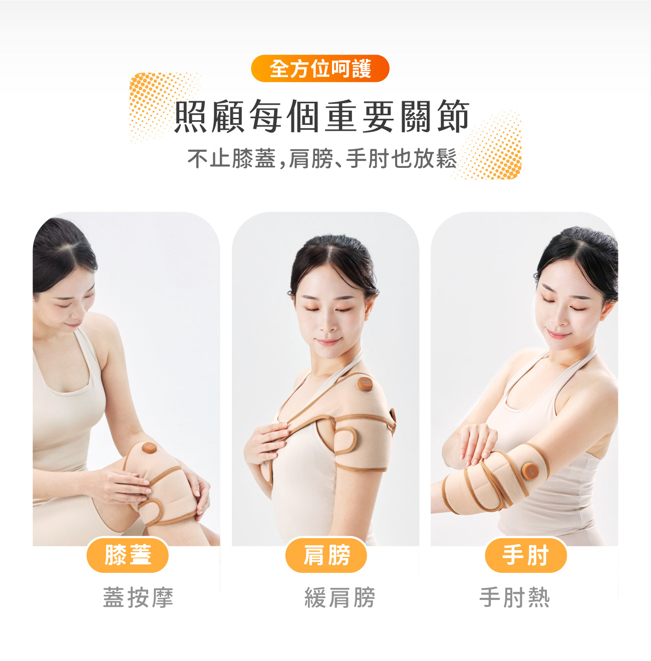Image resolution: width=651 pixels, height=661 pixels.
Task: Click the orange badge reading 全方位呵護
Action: [x=320, y=68]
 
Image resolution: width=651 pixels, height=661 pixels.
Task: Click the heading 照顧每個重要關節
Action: [x=322, y=116]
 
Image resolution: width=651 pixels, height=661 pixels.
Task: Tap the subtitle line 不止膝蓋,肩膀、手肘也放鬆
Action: [x=322, y=158]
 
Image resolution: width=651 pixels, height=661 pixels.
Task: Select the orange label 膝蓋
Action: [x=128, y=555]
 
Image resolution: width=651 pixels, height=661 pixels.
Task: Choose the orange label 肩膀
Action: [x=326, y=555]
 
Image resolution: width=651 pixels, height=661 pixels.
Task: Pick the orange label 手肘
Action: [x=525, y=555]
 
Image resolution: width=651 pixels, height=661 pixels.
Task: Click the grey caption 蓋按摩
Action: [x=138, y=597]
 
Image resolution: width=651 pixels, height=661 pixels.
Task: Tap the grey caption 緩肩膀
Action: [x=340, y=597]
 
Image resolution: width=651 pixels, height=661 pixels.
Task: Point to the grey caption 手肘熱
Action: [x=514, y=597]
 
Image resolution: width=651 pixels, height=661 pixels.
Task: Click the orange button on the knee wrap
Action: [x=149, y=448]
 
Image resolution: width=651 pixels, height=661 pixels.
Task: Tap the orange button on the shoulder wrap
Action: [x=365, y=383]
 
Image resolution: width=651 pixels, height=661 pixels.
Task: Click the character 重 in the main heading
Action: [x=341, y=116]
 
